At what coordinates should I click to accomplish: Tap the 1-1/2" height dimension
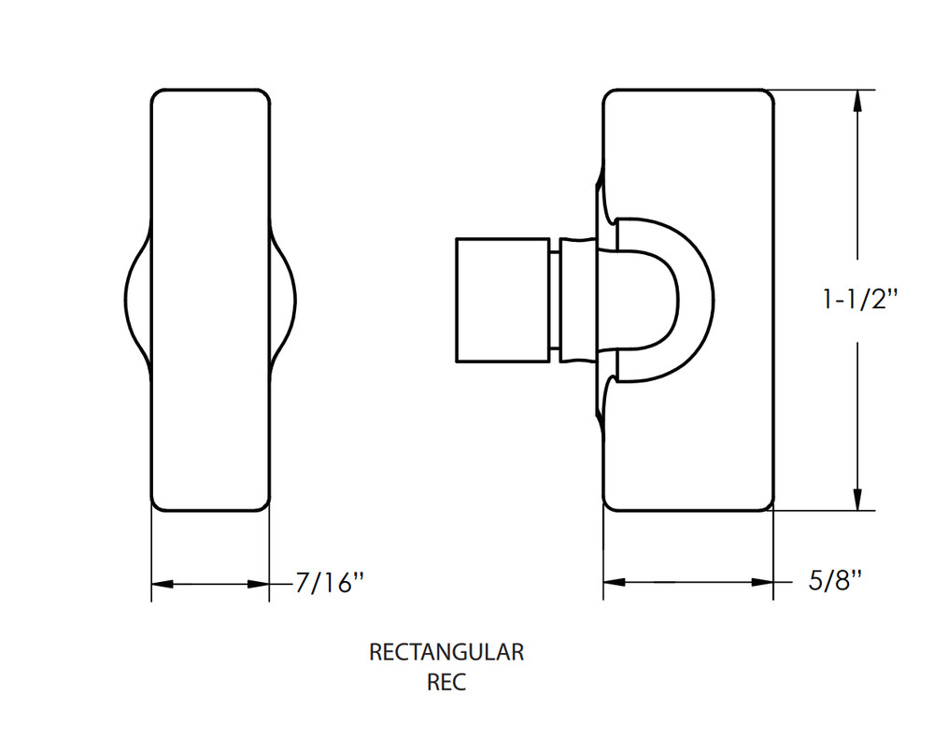[859, 299]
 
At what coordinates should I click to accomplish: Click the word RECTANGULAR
[446, 652]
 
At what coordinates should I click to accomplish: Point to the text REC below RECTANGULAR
[446, 682]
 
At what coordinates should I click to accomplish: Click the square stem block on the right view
[502, 300]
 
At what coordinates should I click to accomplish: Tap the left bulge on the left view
[136, 299]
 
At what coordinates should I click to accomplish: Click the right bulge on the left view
[284, 299]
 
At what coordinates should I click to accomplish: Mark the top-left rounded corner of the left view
[158, 96]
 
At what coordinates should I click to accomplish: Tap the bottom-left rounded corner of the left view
[158, 504]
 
